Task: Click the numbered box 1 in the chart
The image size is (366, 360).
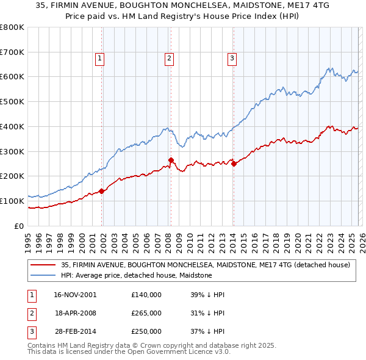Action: (100, 59)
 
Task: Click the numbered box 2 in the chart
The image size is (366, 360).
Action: (169, 59)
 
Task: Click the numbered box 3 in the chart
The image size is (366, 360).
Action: (232, 59)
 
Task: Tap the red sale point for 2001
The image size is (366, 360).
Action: (102, 191)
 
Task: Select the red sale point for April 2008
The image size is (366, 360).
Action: (171, 160)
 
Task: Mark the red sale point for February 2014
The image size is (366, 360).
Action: (234, 164)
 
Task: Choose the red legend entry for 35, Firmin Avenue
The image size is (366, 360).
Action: (205, 265)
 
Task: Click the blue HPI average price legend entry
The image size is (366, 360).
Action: (136, 276)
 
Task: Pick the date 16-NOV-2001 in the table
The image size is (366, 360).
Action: (75, 295)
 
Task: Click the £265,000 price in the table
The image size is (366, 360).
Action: (146, 313)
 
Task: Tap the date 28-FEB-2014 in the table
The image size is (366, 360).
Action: (75, 331)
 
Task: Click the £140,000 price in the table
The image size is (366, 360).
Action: (146, 295)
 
